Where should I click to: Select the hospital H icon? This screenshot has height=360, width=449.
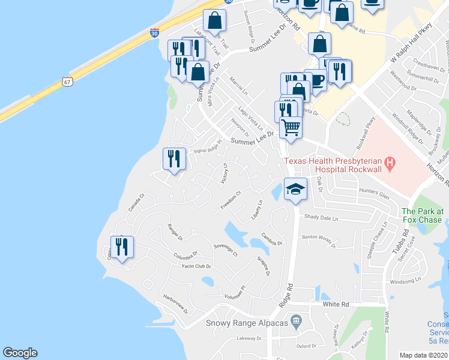pos(390,161)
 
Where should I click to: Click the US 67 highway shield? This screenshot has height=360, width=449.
pos(66,80)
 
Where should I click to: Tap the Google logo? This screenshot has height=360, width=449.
pos(20,353)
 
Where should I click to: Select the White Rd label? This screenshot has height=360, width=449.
pos(336,304)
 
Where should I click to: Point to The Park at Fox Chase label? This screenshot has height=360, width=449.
pos(423,215)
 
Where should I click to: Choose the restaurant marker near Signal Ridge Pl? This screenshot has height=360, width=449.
pos(174,159)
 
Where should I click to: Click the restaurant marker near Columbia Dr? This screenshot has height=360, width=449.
pos(122,247)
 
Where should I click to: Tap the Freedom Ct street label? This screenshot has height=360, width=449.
pos(231,200)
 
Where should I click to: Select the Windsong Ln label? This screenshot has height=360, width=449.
pos(405,281)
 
